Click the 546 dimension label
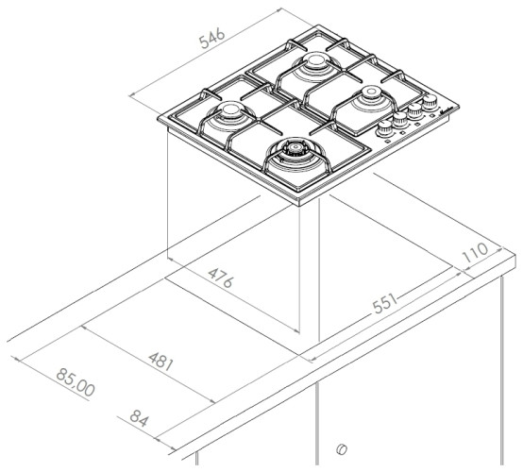(x=212, y=39)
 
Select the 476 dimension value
(x=220, y=278)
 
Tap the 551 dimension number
(x=385, y=304)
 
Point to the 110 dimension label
(x=475, y=252)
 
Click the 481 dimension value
(x=161, y=362)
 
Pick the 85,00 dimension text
(x=76, y=382)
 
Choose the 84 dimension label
(x=139, y=418)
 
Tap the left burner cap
(x=229, y=110)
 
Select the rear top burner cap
(x=314, y=61)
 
